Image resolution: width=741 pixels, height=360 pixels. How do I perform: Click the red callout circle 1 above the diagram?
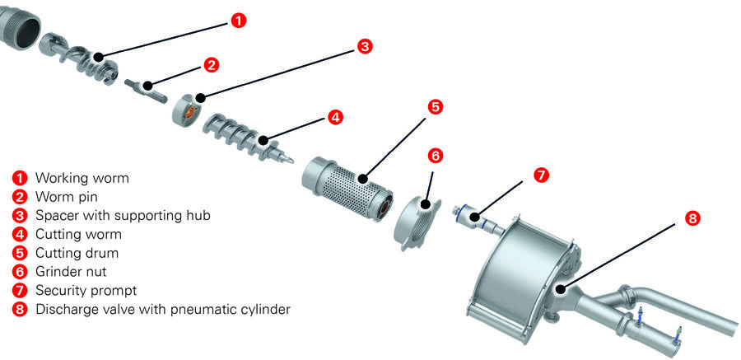pyautogui.click(x=239, y=21)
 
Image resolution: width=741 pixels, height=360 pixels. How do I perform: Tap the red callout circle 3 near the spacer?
pyautogui.click(x=364, y=46)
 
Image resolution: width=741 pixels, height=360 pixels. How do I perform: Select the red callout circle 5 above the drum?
pyautogui.click(x=436, y=107)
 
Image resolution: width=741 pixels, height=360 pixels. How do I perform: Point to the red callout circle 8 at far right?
pyautogui.click(x=692, y=218)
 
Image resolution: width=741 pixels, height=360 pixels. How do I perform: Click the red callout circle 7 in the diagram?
pyautogui.click(x=541, y=175)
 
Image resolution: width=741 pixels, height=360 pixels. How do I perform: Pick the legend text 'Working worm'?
pyautogui.click(x=82, y=178)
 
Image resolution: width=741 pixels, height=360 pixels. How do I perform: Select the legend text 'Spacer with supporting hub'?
pyautogui.click(x=123, y=215)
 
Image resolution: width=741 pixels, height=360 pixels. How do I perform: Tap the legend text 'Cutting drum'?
pyautogui.click(x=77, y=253)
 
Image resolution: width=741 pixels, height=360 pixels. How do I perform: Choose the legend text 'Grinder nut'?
pyautogui.click(x=71, y=272)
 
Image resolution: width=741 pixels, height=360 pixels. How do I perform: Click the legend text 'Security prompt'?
pyautogui.click(x=86, y=291)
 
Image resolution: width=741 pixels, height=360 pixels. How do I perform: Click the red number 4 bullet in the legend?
pyautogui.click(x=20, y=235)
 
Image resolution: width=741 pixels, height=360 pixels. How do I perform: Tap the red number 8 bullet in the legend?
pyautogui.click(x=20, y=310)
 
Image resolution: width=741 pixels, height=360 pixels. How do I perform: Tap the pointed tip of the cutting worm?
pyautogui.click(x=291, y=161)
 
